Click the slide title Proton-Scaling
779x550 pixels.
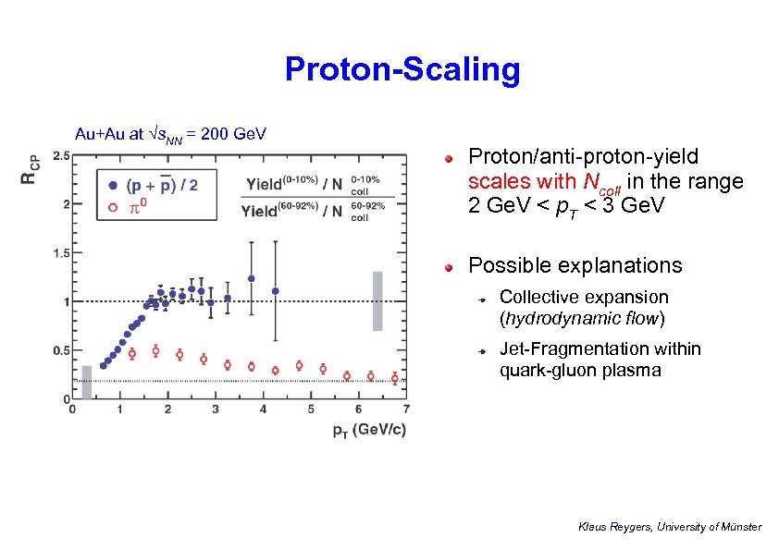coord(402,69)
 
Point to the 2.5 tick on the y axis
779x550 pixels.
coord(58,155)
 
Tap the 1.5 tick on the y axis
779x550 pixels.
coord(58,252)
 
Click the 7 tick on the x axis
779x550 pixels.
coord(406,409)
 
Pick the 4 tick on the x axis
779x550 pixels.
coord(264,409)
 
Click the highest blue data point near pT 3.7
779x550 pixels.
coord(252,278)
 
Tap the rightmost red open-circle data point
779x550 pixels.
coord(394,377)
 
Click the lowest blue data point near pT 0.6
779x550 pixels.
coord(104,366)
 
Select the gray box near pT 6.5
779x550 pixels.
coord(377,300)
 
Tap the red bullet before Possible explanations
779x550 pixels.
coord(447,266)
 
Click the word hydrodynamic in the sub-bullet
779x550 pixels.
coord(554,319)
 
